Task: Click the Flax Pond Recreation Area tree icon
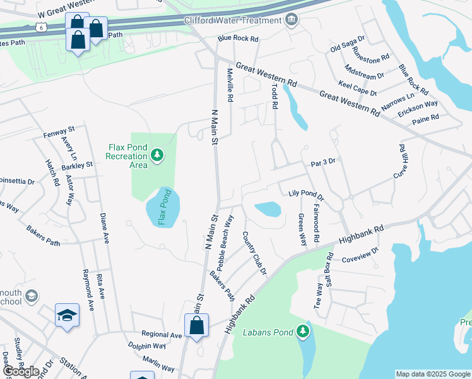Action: coord(157,155)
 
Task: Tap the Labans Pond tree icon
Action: coord(304,331)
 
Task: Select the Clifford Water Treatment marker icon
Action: coord(291,20)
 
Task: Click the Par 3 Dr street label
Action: coord(323,162)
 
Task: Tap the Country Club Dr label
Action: coord(255,253)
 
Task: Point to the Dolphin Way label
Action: coord(146,346)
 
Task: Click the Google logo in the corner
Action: coord(21,371)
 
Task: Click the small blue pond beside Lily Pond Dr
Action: coord(268,209)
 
